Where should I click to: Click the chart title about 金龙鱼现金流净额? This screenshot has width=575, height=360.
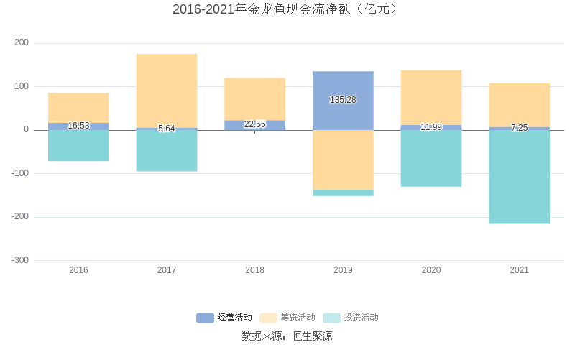287,9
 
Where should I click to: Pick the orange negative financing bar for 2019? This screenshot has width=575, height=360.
343,160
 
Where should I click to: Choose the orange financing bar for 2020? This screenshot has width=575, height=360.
431,97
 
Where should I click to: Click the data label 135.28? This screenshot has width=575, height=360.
343,100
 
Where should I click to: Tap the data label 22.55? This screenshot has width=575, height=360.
254,124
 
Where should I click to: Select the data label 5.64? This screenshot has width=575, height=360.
167,129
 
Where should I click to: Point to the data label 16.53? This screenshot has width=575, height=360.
78,126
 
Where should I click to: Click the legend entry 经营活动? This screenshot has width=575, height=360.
224,318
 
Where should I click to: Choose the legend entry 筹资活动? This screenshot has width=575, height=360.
287,318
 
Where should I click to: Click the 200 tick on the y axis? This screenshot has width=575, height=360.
22,43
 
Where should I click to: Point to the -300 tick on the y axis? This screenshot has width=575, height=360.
20,260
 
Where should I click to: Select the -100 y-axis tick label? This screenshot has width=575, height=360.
20,173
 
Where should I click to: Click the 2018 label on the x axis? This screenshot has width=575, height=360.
254,270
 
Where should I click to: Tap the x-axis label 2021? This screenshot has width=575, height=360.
519,270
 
